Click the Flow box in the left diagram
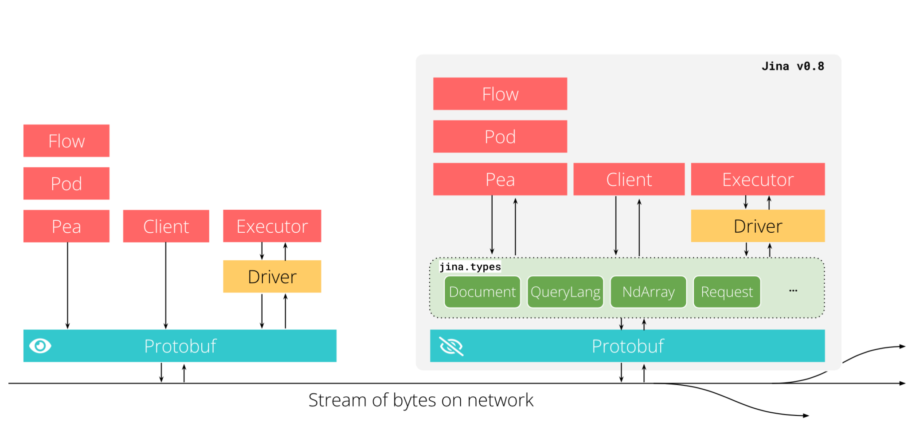(67, 141)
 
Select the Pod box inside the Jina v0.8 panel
(500, 137)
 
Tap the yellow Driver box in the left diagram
(272, 277)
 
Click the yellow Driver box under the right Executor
(757, 226)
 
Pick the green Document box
(482, 292)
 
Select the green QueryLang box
(565, 292)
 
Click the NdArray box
(648, 292)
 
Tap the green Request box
(726, 292)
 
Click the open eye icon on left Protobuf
(40, 346)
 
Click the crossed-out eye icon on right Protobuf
(451, 346)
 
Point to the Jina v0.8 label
(792, 66)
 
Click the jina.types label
(470, 267)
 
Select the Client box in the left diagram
(166, 227)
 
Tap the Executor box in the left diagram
(272, 226)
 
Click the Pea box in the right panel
(500, 180)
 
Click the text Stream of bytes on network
(420, 400)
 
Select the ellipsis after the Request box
(793, 291)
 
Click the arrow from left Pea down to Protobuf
(67, 286)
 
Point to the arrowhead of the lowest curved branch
(806, 416)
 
